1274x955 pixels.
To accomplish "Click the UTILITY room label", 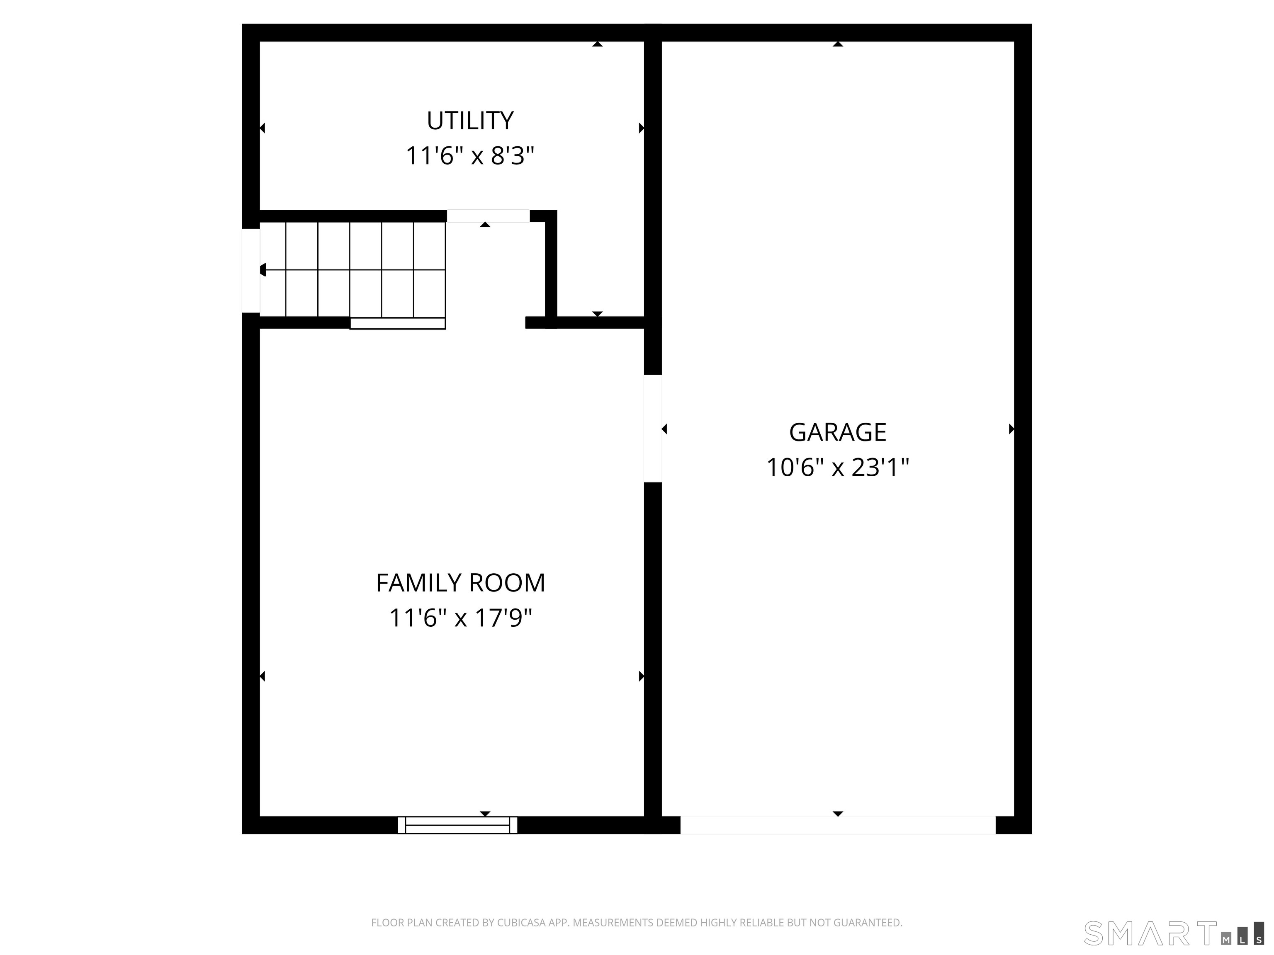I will pyautogui.click(x=469, y=121).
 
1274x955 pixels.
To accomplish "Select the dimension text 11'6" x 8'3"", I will pyautogui.click(x=469, y=156).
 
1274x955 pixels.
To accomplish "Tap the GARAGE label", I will pyautogui.click(x=837, y=432).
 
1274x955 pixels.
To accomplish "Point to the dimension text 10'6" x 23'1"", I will pyautogui.click(x=837, y=468).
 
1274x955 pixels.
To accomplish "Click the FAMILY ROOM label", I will pyautogui.click(x=460, y=583).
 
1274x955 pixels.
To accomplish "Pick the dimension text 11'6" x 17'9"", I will pyautogui.click(x=460, y=618).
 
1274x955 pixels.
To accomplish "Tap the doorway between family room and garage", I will pyautogui.click(x=652, y=428).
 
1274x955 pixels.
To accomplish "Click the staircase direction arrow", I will pyautogui.click(x=264, y=269).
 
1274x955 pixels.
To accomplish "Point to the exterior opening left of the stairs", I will pyautogui.click(x=250, y=271).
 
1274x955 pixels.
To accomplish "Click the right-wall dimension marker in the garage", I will pyautogui.click(x=1011, y=429).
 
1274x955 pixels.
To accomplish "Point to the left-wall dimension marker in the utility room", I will pyautogui.click(x=263, y=128).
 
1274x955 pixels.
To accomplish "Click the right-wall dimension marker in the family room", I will pyautogui.click(x=641, y=676).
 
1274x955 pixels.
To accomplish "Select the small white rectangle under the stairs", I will pyautogui.click(x=397, y=323).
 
